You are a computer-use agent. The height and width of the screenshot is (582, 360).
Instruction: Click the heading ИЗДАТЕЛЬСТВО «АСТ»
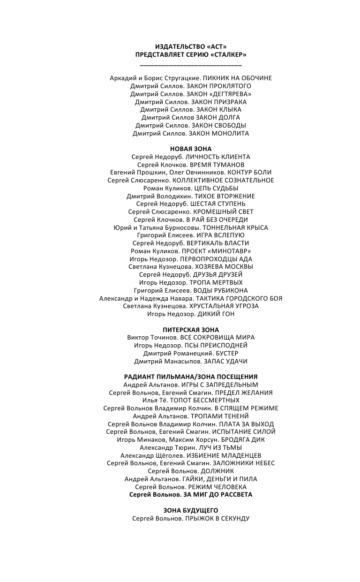[x=190, y=46]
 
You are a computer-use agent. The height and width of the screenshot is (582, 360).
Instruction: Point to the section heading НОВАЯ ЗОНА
[x=190, y=149]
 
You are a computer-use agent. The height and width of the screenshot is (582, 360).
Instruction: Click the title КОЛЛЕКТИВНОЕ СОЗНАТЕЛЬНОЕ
[x=223, y=180]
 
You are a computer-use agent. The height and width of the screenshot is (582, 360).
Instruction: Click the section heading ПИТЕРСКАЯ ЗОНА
[x=190, y=330]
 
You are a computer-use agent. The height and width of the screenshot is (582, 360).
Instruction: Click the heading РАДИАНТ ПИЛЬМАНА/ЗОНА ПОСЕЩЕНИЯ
[x=190, y=377]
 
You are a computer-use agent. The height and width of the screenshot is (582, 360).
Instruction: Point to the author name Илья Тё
[x=154, y=401]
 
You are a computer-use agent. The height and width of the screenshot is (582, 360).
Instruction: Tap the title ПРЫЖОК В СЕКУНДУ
[x=217, y=518]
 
